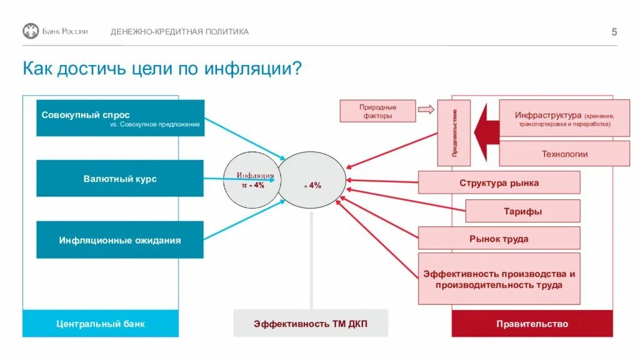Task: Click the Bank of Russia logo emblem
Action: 31,31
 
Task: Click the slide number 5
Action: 614,32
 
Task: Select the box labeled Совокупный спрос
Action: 120,118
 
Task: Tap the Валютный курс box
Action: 120,179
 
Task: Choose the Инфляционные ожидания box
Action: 120,240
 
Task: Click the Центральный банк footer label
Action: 101,324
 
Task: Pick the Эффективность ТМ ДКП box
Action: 311,324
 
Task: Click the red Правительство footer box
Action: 532,324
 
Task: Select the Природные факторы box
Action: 377,111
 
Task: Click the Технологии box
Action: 564,154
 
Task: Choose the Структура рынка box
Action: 499,183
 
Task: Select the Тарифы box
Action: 522,211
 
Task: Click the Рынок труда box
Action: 499,239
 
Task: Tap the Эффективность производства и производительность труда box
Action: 499,279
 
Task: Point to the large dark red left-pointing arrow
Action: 486,132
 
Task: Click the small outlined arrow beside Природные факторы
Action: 426,109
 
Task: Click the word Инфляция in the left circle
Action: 255,176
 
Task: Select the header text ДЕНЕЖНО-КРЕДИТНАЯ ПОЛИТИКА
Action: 179,32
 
